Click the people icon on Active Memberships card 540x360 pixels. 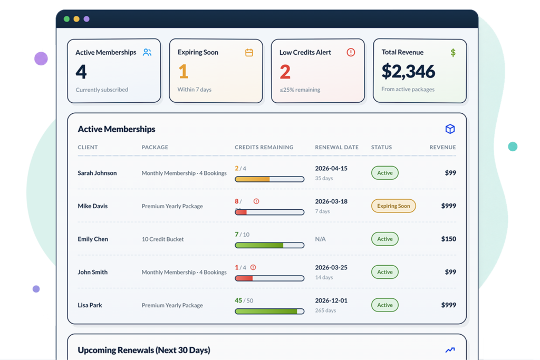(x=147, y=52)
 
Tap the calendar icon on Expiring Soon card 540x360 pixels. (x=249, y=52)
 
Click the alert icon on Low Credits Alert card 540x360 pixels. (x=351, y=52)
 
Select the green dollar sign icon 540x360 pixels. (x=453, y=53)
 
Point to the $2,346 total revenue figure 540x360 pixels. (x=408, y=72)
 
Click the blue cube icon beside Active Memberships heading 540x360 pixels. (x=450, y=129)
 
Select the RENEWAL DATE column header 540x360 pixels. (x=336, y=147)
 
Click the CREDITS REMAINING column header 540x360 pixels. (x=264, y=147)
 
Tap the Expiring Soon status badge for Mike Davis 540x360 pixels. (x=393, y=206)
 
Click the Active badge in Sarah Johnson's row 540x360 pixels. (x=384, y=173)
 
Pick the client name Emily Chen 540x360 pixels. (x=93, y=239)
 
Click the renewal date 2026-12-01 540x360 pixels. (x=331, y=300)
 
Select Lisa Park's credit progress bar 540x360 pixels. (x=269, y=312)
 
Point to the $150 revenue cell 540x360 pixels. (x=448, y=239)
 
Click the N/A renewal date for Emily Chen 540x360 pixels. (x=320, y=239)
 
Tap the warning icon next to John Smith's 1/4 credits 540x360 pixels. (x=253, y=267)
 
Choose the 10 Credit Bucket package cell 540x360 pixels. (x=162, y=239)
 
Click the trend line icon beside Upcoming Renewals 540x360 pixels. (x=450, y=350)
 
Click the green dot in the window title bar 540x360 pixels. (x=67, y=19)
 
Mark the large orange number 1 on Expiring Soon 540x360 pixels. (x=183, y=72)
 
